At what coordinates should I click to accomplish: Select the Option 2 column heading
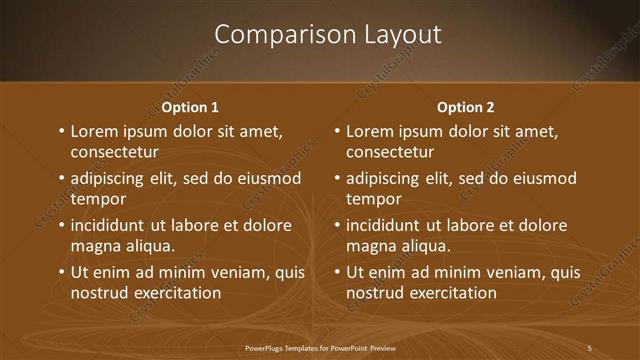[466, 107]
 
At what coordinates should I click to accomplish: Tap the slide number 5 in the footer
[589, 348]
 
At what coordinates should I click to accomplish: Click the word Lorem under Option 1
[96, 131]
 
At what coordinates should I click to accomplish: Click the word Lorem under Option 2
[372, 131]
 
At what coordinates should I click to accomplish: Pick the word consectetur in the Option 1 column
[115, 152]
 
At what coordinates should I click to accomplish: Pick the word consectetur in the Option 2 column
[390, 152]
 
